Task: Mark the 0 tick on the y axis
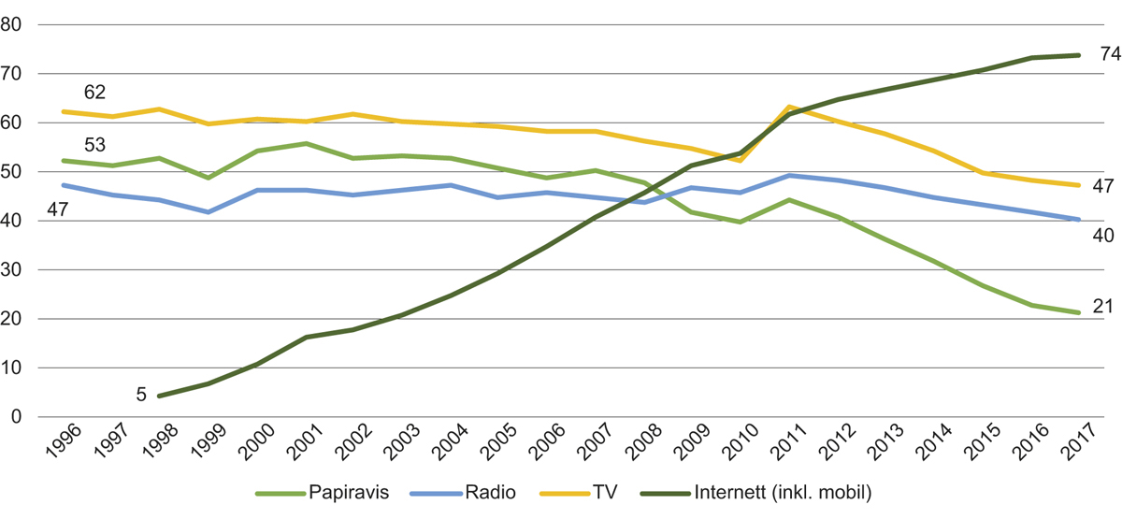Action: pos(17,417)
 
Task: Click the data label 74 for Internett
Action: pos(1110,54)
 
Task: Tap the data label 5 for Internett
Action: pos(141,395)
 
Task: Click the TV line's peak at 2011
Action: pos(790,107)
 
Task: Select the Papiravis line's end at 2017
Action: pos(1080,312)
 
